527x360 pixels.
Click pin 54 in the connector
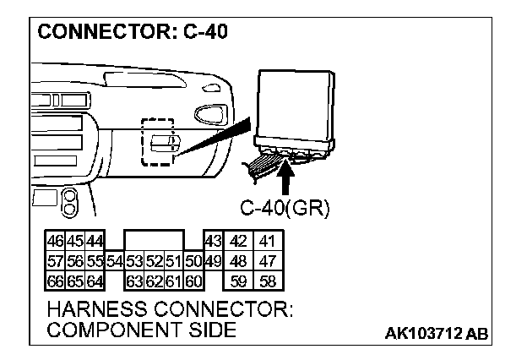(x=116, y=259)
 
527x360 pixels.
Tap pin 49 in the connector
(x=212, y=259)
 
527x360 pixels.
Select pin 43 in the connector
(x=212, y=241)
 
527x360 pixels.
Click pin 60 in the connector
(x=193, y=278)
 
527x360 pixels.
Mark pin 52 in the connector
(x=154, y=259)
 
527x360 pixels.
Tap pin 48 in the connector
(x=239, y=259)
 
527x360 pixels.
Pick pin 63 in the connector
(x=134, y=278)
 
